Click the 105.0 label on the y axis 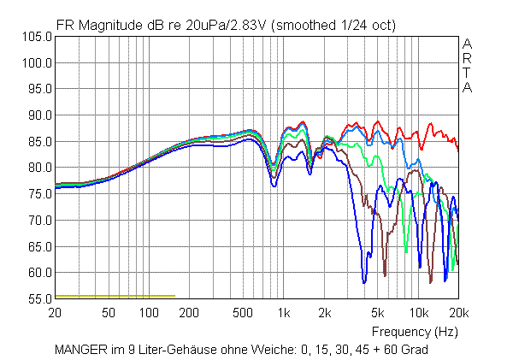click(x=37, y=37)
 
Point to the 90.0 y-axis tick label click(x=38, y=115)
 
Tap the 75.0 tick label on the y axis click(x=38, y=194)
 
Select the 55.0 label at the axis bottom click(x=38, y=298)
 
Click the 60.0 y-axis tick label click(x=38, y=273)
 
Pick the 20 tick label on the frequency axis click(x=56, y=313)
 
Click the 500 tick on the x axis click(x=245, y=313)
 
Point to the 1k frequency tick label click(x=285, y=313)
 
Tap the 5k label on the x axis click(x=378, y=313)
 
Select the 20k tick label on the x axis click(x=459, y=313)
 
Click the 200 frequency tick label click(x=191, y=313)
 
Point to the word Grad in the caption click(x=414, y=350)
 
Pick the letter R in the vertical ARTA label click(x=467, y=58)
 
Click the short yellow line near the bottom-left click(x=115, y=296)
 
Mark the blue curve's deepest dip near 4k click(x=364, y=280)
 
